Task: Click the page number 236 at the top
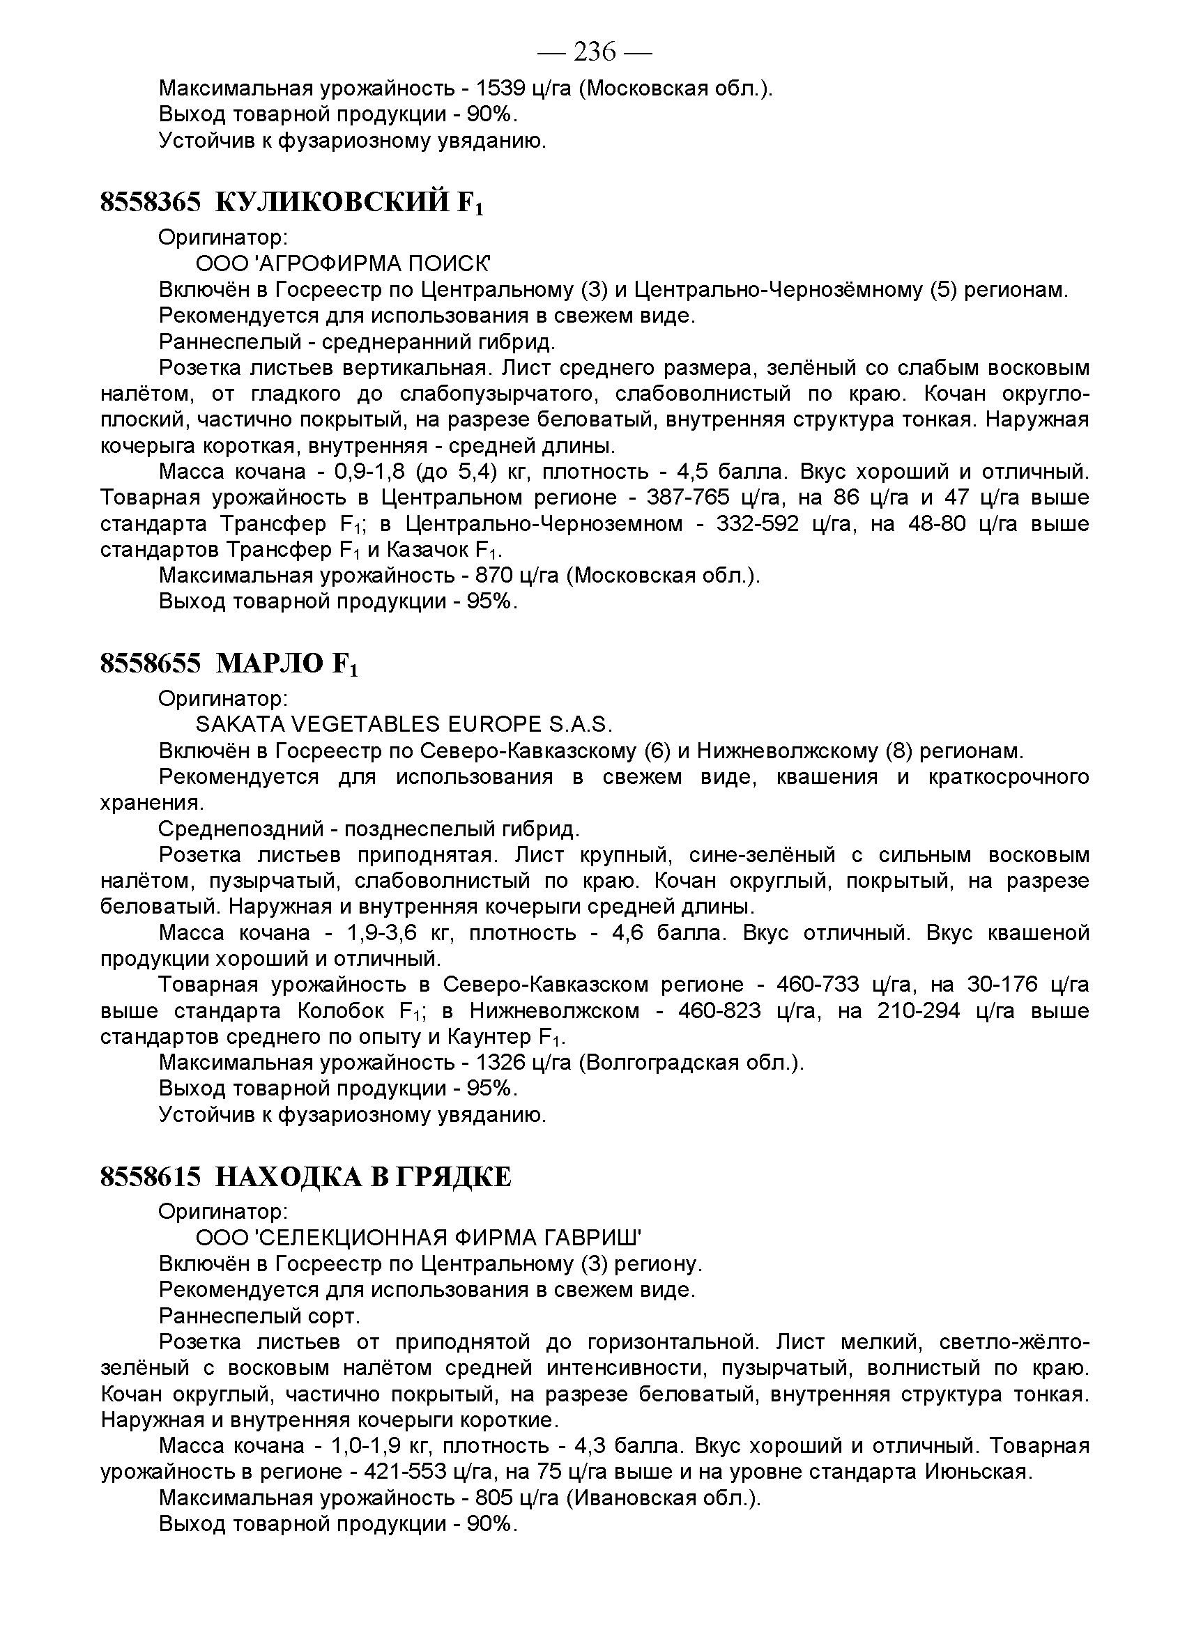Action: pyautogui.click(x=595, y=52)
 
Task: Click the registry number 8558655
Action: pyautogui.click(x=151, y=663)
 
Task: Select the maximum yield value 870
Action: pyautogui.click(x=494, y=576)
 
